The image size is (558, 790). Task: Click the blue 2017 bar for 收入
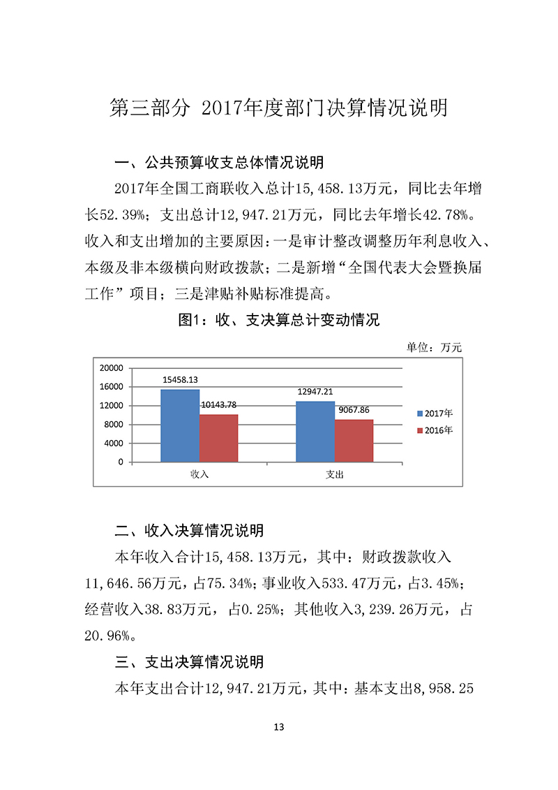pyautogui.click(x=180, y=425)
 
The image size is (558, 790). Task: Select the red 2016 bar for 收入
pyautogui.click(x=218, y=438)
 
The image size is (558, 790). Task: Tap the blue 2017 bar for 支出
pyautogui.click(x=315, y=432)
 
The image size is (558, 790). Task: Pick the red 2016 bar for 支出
pyautogui.click(x=354, y=441)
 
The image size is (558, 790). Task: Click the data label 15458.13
pyautogui.click(x=181, y=380)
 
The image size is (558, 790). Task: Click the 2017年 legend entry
pyautogui.click(x=435, y=413)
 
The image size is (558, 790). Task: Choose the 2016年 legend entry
pyautogui.click(x=435, y=430)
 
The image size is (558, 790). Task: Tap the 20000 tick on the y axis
pyautogui.click(x=112, y=368)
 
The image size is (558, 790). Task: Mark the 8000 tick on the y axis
pyautogui.click(x=114, y=425)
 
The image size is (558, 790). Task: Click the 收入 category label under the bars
pyautogui.click(x=199, y=474)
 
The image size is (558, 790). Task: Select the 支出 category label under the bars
pyautogui.click(x=335, y=474)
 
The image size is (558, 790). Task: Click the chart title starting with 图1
pyautogui.click(x=279, y=321)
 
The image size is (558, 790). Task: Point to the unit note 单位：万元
pyautogui.click(x=434, y=347)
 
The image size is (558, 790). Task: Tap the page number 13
pyautogui.click(x=279, y=727)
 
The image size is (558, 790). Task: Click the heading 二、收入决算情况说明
pyautogui.click(x=189, y=532)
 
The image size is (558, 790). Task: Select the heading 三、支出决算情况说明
pyautogui.click(x=189, y=661)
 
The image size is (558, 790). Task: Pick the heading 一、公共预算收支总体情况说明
pyautogui.click(x=219, y=163)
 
